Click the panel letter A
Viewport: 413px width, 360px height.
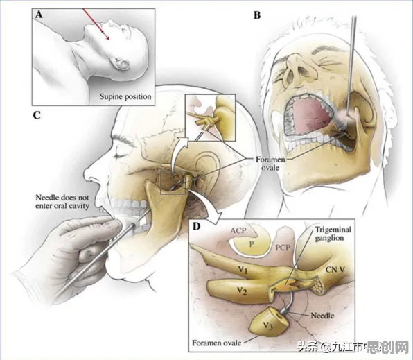pos(39,15)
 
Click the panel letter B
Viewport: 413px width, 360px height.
pos(257,15)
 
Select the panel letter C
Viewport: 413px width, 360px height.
pos(37,115)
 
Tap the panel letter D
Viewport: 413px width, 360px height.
pos(197,226)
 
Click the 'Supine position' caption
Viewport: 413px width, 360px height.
pos(125,97)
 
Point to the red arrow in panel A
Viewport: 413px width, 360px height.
pos(96,24)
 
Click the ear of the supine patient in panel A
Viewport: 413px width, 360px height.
pos(120,62)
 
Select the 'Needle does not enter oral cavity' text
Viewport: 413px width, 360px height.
pos(62,201)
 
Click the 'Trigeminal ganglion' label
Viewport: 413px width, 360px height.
pos(333,234)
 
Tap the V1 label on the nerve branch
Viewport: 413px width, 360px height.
pos(243,270)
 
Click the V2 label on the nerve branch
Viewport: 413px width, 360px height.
pos(242,291)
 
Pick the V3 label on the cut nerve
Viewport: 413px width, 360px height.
pos(268,326)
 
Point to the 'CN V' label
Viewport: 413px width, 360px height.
pos(335,270)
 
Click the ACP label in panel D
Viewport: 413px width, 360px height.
pos(238,231)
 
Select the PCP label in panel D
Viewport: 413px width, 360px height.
pos(283,248)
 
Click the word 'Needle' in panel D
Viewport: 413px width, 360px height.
pos(322,316)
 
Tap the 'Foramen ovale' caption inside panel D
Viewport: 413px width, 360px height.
pos(216,343)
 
